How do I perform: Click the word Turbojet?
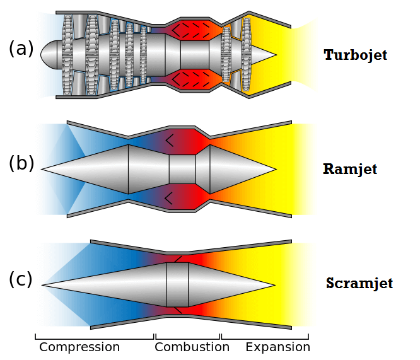355,55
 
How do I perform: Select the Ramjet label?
349,169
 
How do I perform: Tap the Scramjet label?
359,283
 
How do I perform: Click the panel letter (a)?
21,49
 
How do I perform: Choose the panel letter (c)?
20,279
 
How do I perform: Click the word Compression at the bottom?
79,347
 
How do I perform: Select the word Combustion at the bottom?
192,347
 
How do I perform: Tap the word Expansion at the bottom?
277,347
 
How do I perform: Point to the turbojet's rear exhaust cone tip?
274,55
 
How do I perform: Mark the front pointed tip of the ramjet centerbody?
44,169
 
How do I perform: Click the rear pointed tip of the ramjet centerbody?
275,169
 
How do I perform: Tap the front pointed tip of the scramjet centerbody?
44,285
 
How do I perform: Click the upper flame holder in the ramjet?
169,139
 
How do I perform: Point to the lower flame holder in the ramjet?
169,199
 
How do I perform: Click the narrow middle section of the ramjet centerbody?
182,169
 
